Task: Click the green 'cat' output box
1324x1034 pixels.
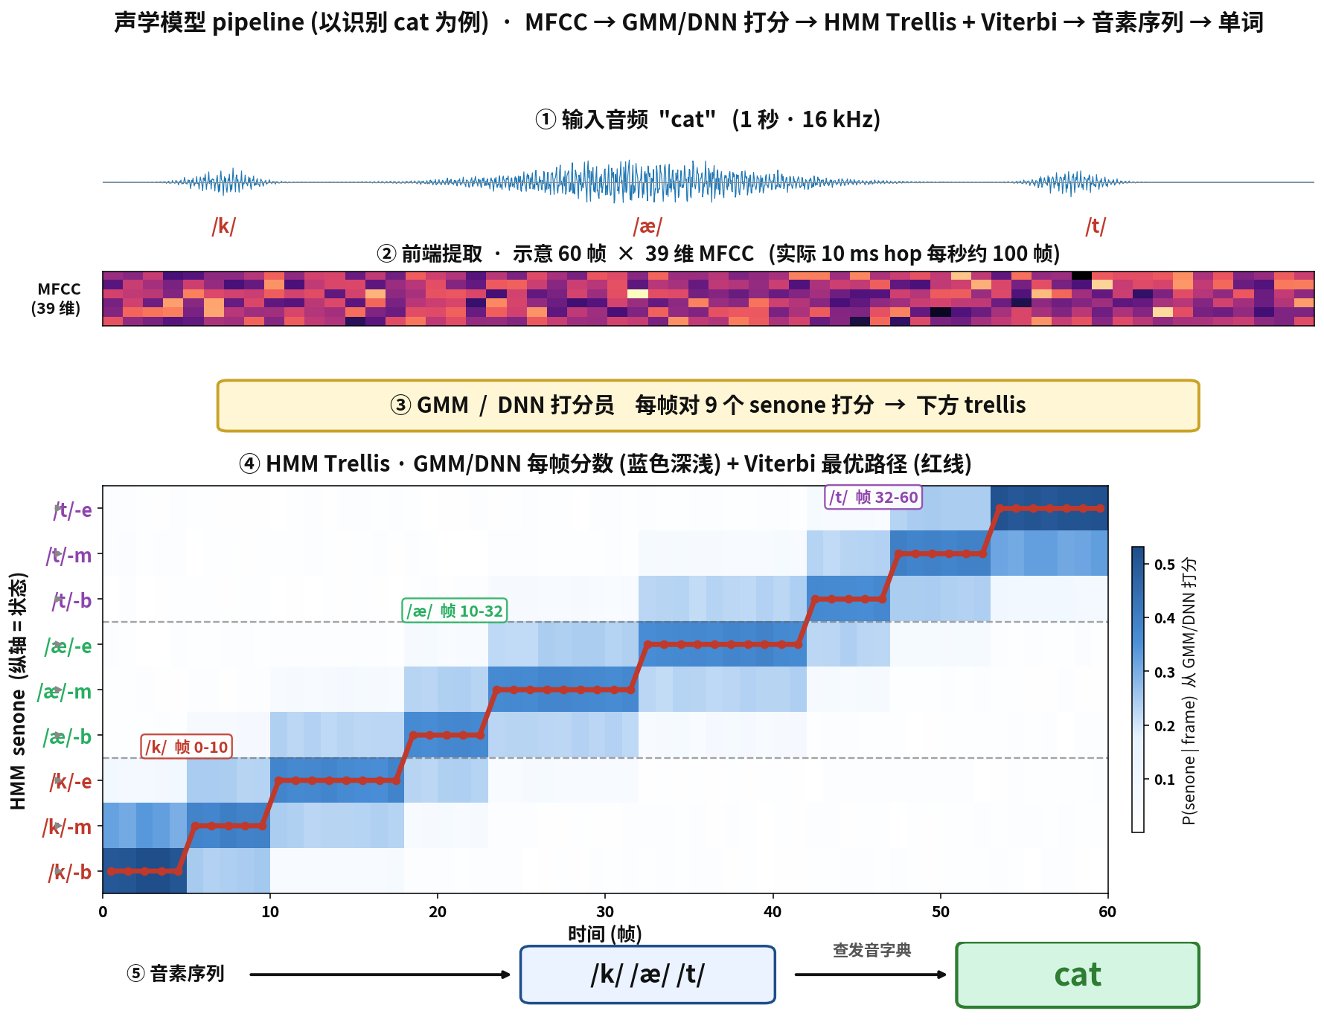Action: tap(1077, 974)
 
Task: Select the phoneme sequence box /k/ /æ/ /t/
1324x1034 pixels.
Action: tap(647, 974)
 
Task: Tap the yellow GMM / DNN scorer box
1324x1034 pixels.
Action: tap(708, 405)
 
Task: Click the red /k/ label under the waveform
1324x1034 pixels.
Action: tap(223, 226)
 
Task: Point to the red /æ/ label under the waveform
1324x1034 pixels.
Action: tap(647, 226)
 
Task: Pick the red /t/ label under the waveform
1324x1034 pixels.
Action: tap(1096, 226)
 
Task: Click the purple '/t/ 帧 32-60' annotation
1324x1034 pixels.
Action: tap(874, 497)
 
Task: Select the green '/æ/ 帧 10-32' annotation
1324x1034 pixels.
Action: tap(454, 611)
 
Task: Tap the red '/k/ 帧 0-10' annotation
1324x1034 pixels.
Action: tap(186, 747)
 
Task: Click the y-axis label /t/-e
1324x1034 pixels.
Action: tap(72, 510)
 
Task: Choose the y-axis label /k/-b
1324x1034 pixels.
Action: tap(70, 873)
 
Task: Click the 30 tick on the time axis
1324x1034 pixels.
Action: tap(605, 912)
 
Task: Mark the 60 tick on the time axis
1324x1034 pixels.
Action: tap(1107, 912)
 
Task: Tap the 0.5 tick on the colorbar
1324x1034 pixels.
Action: tap(1165, 565)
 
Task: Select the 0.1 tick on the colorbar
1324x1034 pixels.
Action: tap(1165, 780)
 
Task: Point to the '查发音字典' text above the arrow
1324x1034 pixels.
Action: tap(872, 950)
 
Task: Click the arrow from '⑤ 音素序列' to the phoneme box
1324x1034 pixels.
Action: tap(380, 974)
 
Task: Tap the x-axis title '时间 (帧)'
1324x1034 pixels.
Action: tap(604, 934)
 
